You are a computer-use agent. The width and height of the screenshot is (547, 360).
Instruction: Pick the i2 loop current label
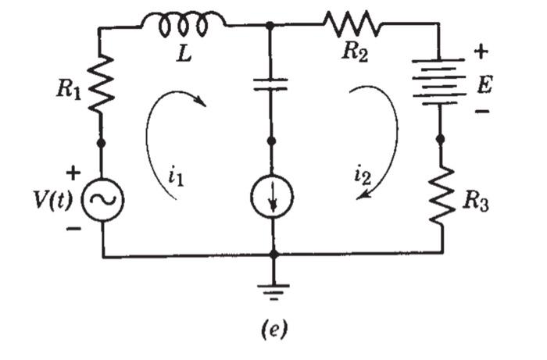coord(360,177)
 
